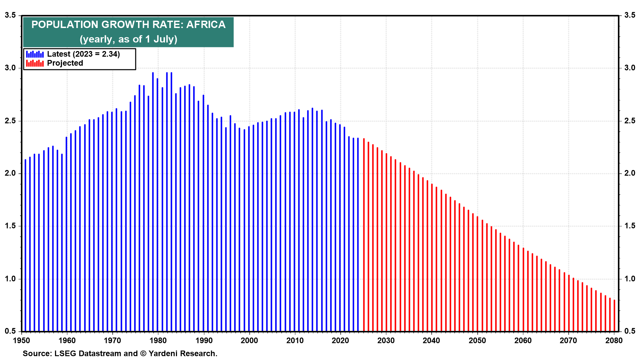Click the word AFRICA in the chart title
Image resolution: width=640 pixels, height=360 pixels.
pos(206,25)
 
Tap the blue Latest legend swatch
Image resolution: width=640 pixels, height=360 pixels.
pos(35,54)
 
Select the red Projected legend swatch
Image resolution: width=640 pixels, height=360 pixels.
pos(35,63)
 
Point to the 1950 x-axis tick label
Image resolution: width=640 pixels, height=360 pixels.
pos(21,341)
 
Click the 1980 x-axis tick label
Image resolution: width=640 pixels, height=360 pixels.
pos(158,341)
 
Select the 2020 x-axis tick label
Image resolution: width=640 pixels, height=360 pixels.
pos(340,341)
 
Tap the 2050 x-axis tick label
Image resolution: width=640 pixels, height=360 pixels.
pos(477,341)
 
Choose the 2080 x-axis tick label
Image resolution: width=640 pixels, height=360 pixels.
pos(614,341)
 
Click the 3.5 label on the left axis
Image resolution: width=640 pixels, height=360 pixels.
pos(10,15)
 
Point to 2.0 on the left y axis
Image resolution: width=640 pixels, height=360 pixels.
pos(10,173)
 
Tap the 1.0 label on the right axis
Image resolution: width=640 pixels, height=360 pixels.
pos(630,279)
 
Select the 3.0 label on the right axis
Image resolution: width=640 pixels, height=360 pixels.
pos(630,68)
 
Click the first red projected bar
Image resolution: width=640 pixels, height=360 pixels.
pos(364,233)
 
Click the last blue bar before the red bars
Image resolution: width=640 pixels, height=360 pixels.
pos(358,233)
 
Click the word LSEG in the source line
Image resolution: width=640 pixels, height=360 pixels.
pos(65,354)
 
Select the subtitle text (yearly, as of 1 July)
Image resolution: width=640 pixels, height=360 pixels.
pos(128,39)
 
